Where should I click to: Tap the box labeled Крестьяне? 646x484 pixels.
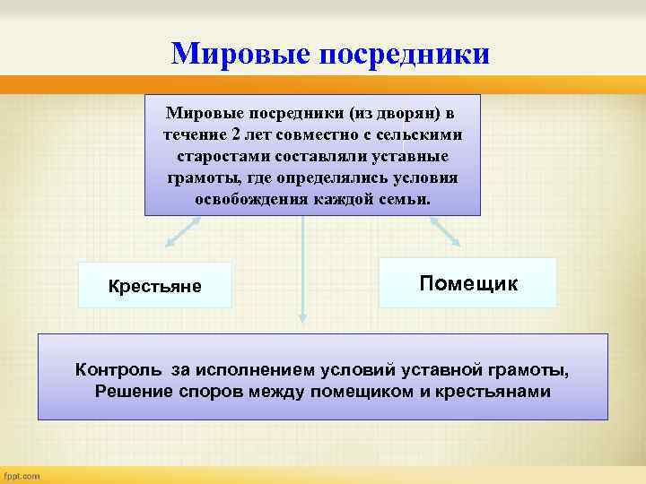[x=154, y=286]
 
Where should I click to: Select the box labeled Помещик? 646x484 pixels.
[x=467, y=283]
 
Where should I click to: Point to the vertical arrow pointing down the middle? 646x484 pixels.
[x=303, y=269]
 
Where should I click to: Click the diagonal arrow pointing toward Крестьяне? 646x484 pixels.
[x=179, y=232]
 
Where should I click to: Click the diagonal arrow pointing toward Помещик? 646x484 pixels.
[x=444, y=230]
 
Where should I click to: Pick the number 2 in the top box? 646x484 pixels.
[x=235, y=134]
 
